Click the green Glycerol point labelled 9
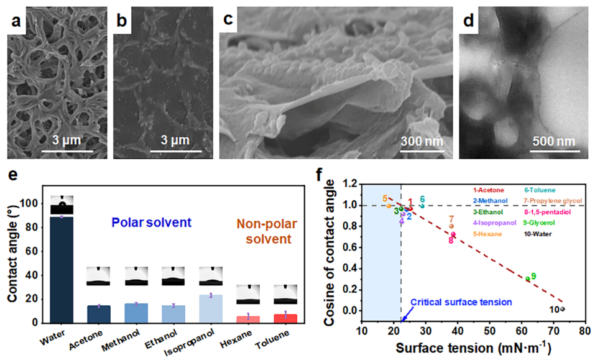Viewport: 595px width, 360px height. [x=527, y=279]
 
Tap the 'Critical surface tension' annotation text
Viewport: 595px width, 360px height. [x=461, y=302]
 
